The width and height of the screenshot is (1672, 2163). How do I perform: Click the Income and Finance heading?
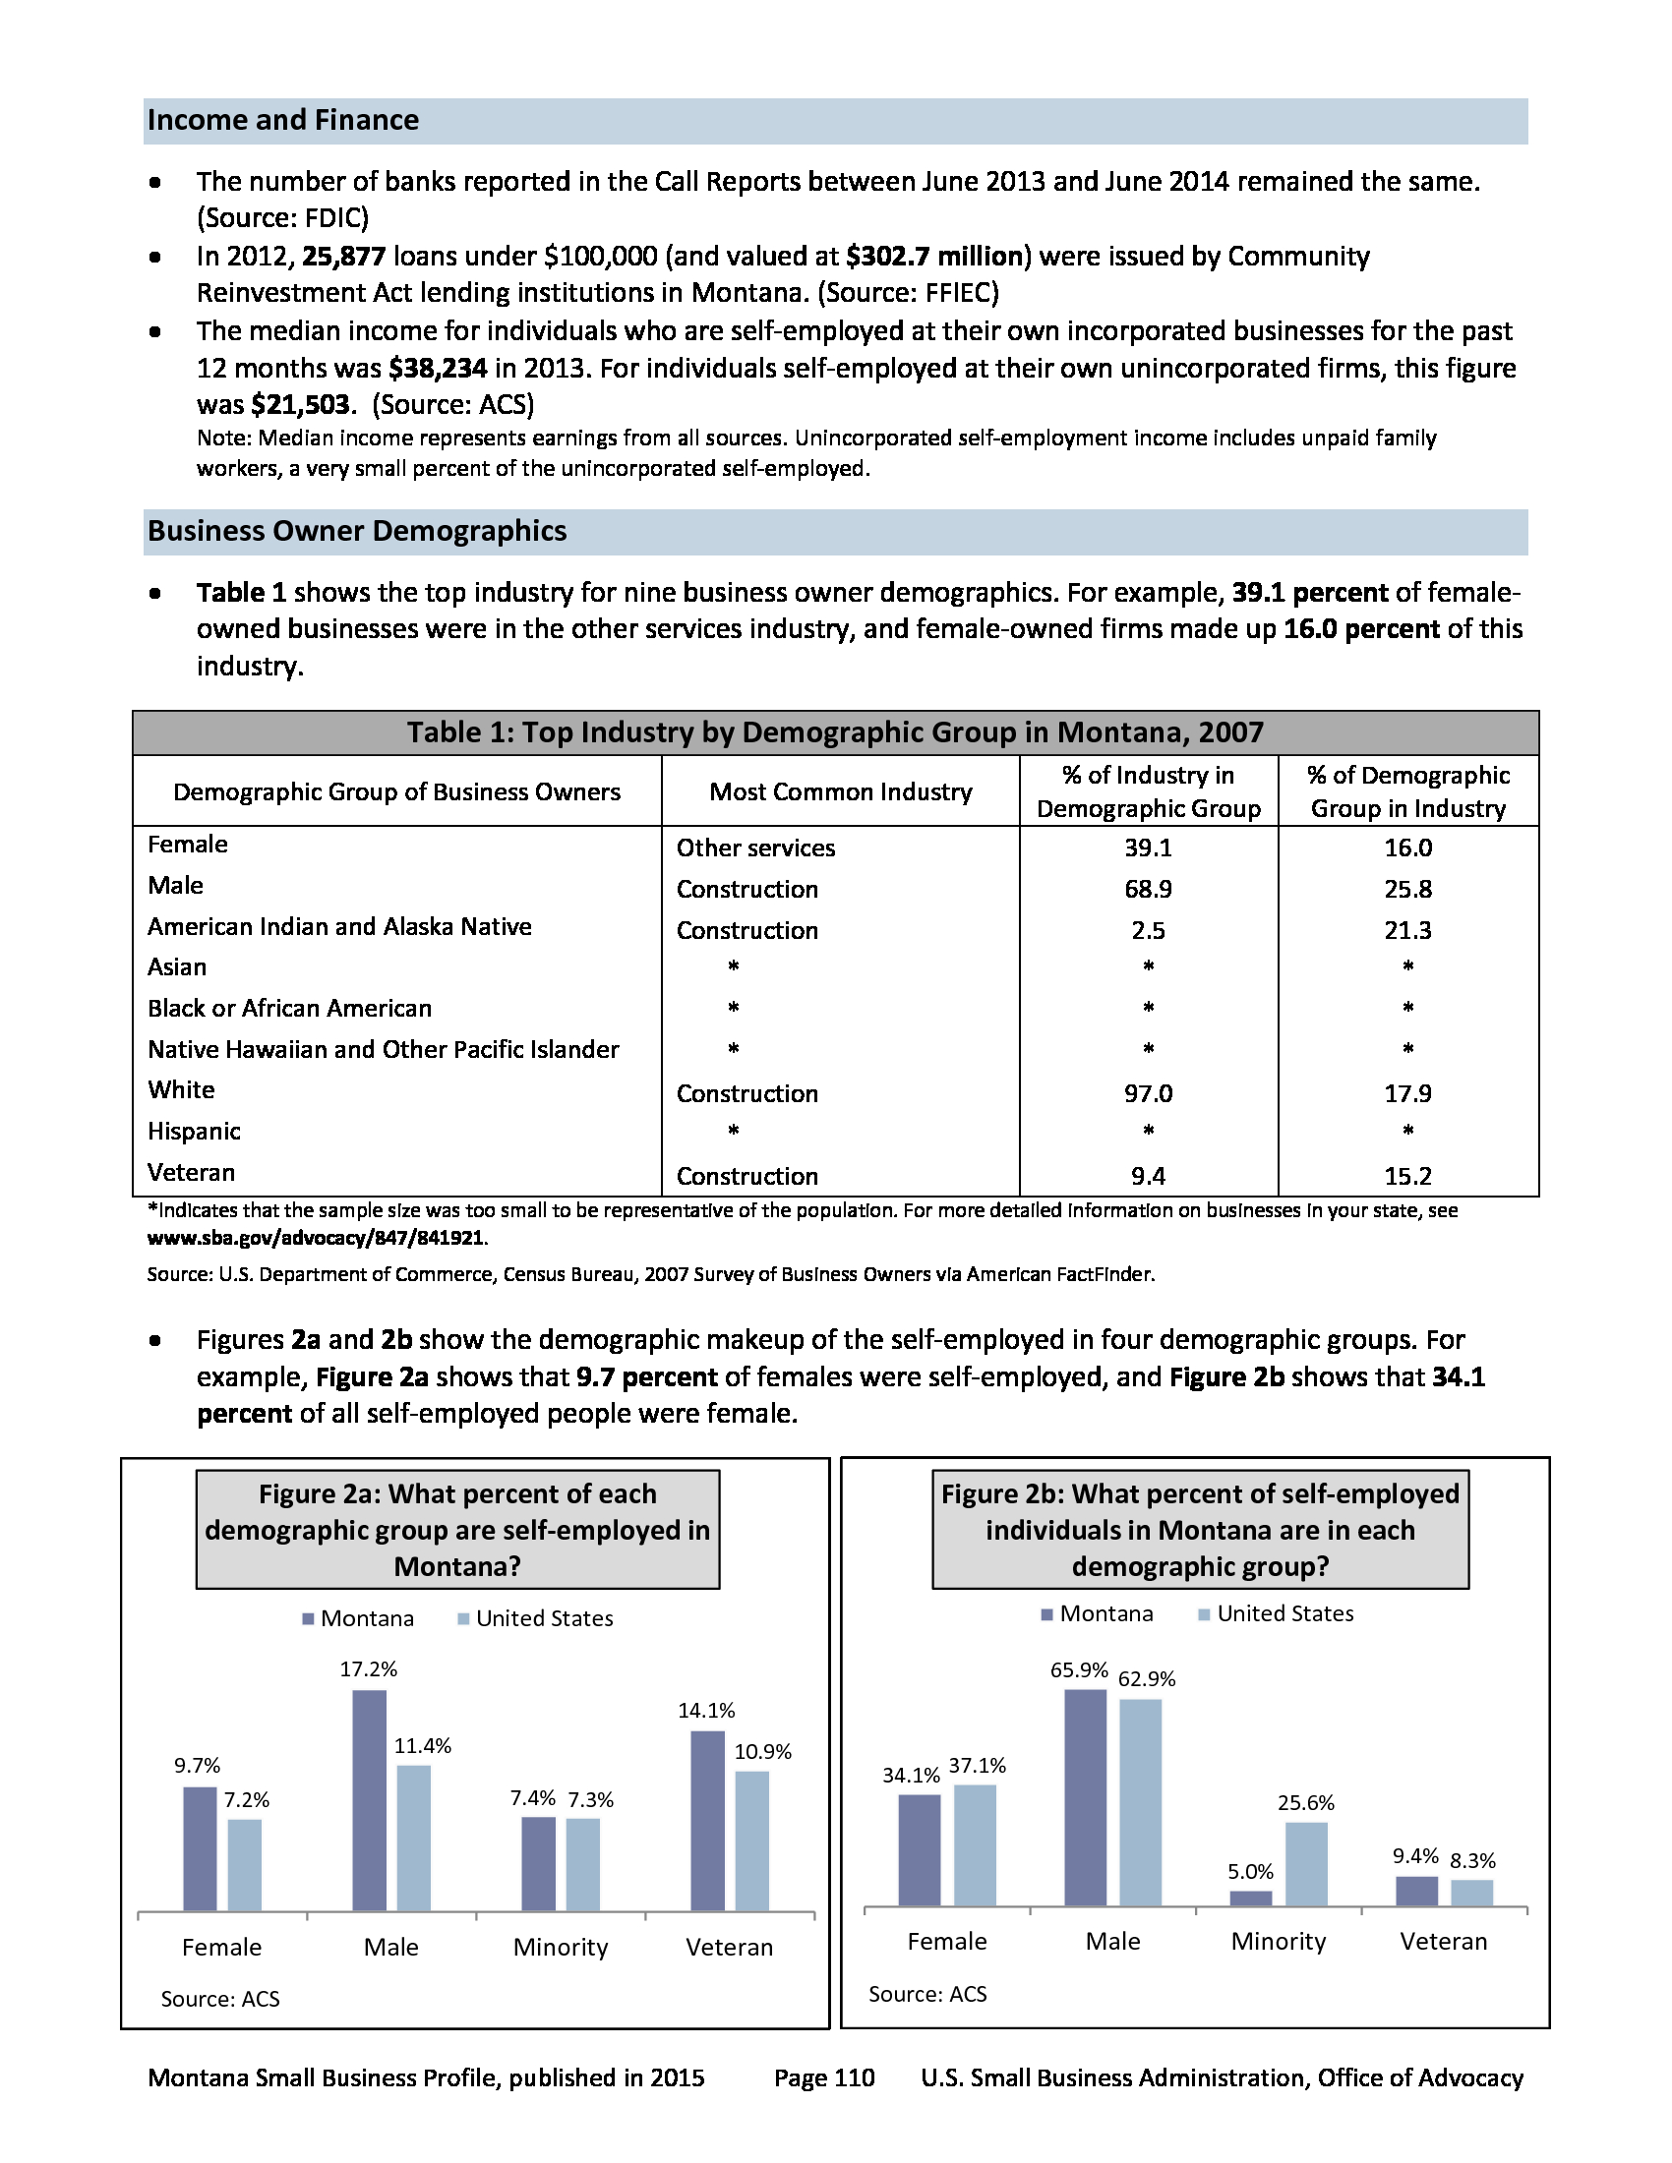[283, 121]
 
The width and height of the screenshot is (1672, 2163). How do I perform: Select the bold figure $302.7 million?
[933, 257]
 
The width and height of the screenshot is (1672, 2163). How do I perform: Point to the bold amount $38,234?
[438, 369]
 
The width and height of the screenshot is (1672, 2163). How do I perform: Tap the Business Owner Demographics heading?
[357, 532]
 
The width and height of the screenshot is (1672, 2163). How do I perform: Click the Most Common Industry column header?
[840, 792]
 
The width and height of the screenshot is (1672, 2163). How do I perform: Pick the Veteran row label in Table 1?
[191, 1174]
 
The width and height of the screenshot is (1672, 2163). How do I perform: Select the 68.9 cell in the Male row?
[1147, 890]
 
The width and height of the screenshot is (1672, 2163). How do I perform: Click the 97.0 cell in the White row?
[1147, 1094]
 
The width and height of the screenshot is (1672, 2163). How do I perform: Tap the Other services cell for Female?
[754, 848]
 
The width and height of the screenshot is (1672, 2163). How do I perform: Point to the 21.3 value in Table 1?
[1407, 931]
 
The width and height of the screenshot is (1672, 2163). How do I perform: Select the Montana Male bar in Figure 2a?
[370, 1800]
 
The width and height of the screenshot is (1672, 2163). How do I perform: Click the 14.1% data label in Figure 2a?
[706, 1711]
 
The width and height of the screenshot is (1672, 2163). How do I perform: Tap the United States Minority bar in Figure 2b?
[1305, 1864]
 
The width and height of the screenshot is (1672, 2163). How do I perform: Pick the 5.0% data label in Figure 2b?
[1250, 1872]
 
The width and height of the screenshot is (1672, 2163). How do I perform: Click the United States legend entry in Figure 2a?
[535, 1618]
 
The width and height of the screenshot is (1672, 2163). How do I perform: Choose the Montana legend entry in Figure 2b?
[1097, 1613]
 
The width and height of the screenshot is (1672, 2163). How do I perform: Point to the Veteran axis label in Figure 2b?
[1443, 1941]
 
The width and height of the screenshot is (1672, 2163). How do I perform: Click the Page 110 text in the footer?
[824, 2077]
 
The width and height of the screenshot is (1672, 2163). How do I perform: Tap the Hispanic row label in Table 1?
[194, 1132]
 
